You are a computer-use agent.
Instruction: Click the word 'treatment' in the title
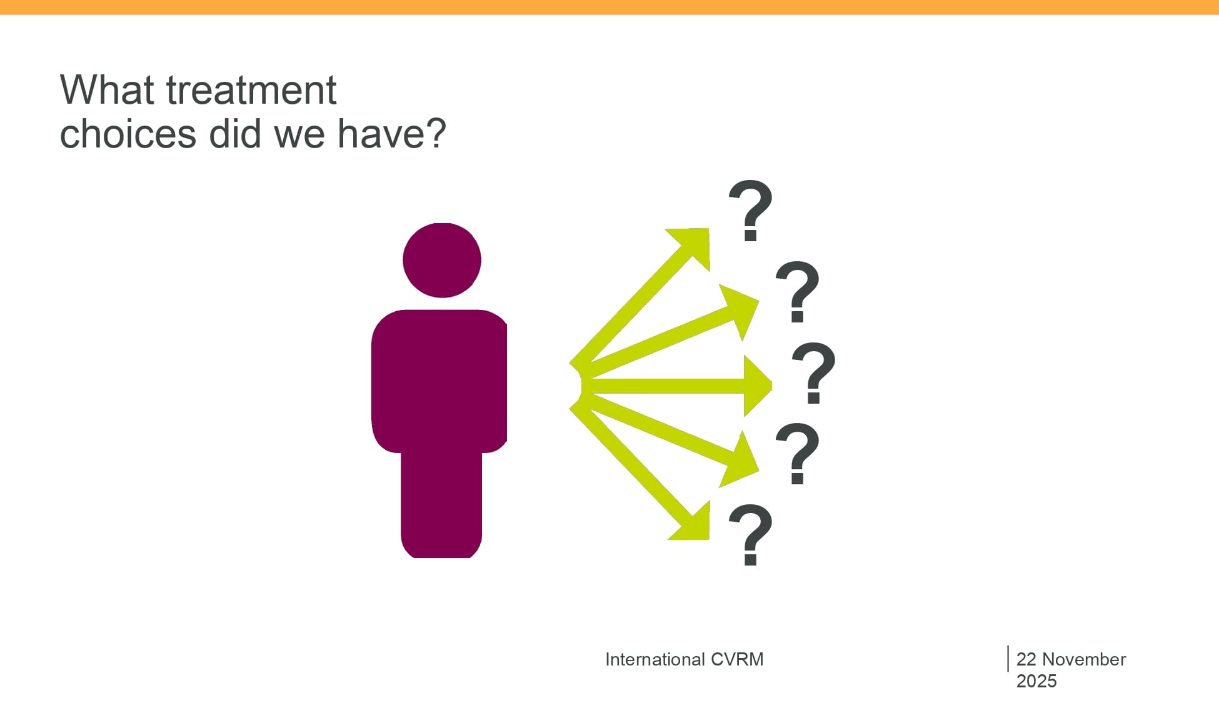251,90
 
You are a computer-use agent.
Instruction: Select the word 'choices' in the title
128,134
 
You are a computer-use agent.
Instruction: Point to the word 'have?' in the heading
392,134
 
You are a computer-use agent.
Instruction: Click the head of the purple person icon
442,260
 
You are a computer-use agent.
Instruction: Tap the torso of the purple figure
439,381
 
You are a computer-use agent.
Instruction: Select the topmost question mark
750,211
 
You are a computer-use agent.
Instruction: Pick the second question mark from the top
797,292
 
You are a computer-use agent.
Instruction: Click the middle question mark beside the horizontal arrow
813,373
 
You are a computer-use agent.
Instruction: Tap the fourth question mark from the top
797,454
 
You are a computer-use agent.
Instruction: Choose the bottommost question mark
750,535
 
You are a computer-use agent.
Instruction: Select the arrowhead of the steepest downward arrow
709,539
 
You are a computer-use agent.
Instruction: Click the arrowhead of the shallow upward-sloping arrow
758,302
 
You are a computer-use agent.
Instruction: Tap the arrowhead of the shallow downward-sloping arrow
759,470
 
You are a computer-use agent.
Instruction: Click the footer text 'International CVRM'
685,659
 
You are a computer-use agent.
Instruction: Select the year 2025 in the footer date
1036,681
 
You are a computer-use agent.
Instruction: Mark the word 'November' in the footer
1084,659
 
